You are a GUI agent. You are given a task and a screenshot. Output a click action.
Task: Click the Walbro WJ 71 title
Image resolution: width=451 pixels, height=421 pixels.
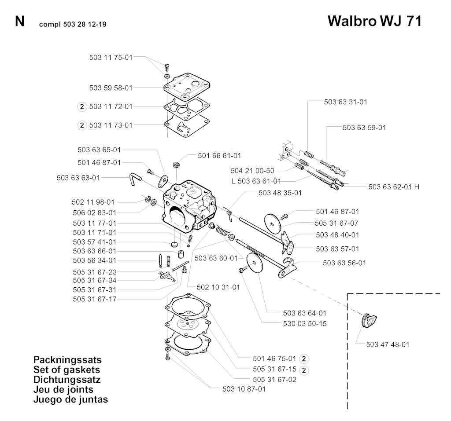(374, 21)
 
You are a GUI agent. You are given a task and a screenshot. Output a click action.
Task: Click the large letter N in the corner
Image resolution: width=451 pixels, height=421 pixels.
(19, 22)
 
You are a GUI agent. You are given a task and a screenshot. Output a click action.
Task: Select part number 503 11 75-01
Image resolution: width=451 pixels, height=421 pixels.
(111, 58)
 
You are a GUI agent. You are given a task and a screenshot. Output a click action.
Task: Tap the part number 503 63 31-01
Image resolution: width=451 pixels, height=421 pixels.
(346, 102)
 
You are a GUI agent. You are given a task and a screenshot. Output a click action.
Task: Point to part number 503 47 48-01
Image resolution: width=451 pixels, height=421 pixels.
(388, 344)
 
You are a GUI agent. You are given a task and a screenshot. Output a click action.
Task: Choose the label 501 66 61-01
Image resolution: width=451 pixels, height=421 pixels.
(219, 155)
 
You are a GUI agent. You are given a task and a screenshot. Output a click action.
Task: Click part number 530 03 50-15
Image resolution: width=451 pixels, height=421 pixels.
(305, 324)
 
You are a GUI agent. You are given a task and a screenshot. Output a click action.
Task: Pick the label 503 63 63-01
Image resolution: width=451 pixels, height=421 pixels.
(78, 178)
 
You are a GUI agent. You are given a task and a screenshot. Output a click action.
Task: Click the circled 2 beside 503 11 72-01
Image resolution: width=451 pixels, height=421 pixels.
(82, 107)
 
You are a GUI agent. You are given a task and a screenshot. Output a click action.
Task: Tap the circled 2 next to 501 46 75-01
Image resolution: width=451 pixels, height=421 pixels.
(304, 359)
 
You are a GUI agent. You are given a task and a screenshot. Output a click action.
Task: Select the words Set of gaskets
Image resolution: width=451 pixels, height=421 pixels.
(67, 370)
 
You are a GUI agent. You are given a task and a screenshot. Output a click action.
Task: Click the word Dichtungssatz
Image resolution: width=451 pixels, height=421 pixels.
(67, 379)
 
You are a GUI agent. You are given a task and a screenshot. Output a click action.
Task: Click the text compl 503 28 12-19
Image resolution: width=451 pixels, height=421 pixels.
(73, 25)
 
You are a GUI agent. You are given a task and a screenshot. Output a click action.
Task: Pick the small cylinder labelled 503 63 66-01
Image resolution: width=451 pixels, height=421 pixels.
(180, 254)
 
